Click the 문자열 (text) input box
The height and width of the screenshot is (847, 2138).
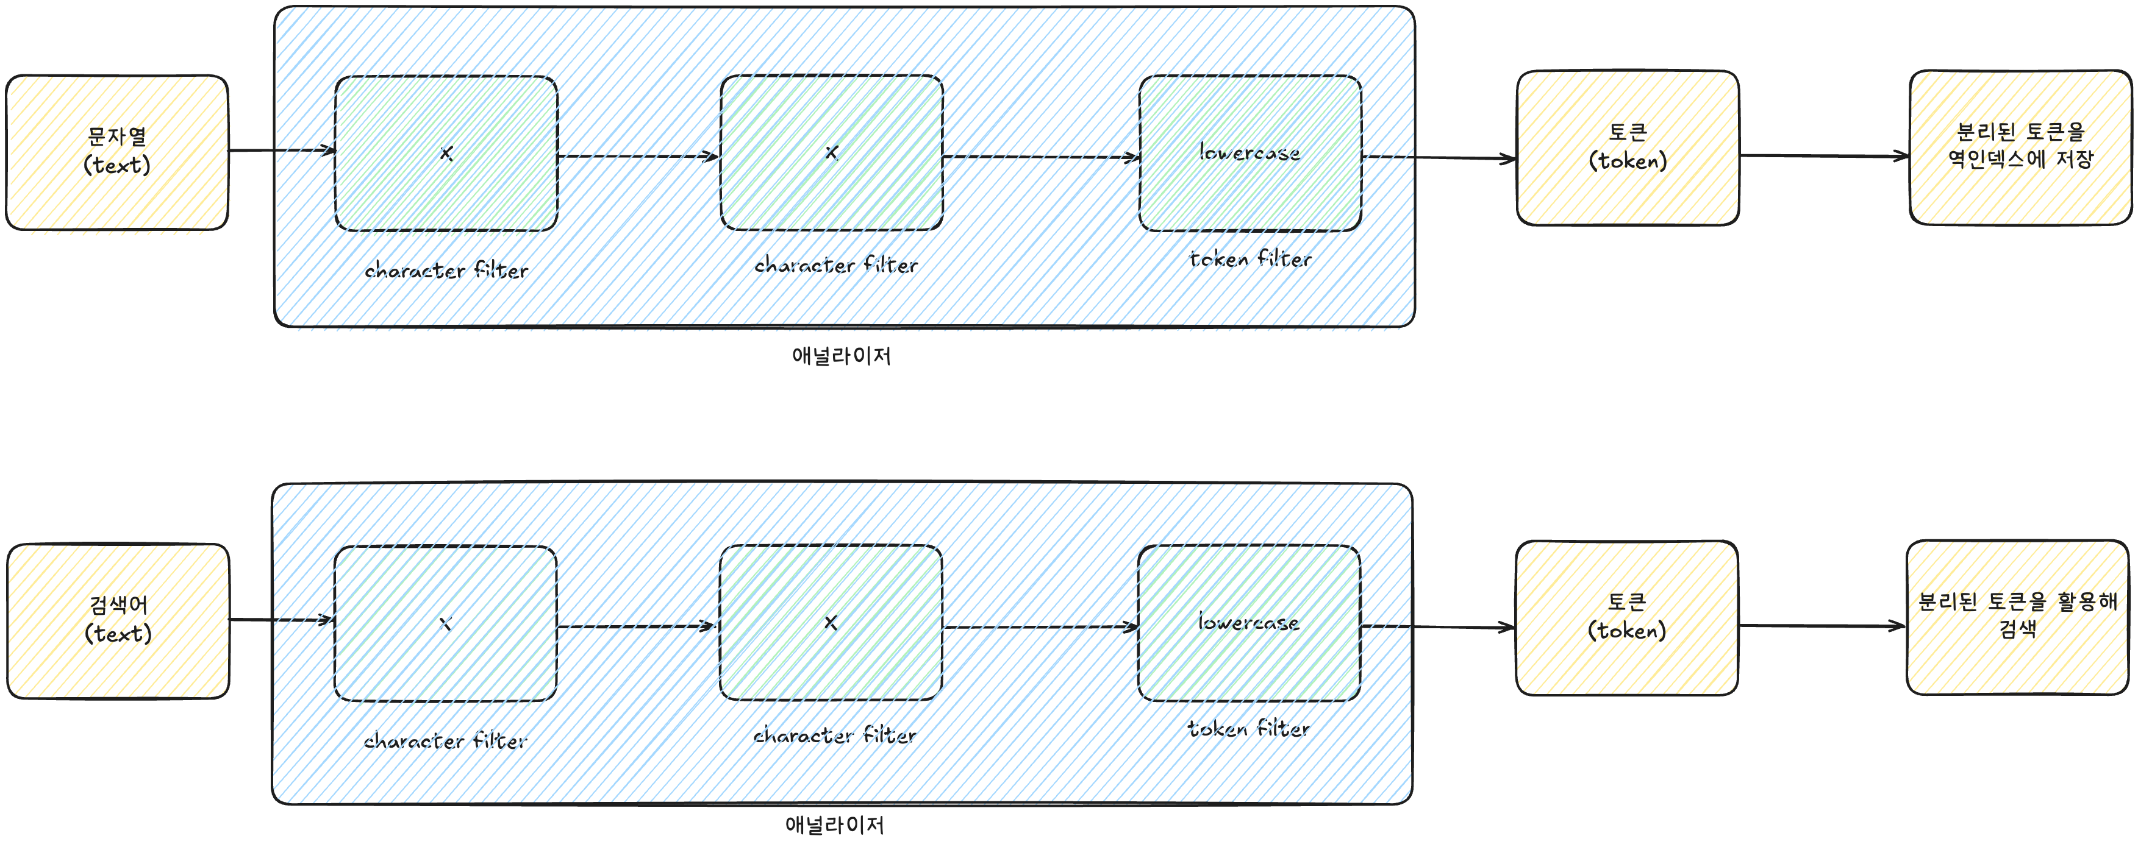117,152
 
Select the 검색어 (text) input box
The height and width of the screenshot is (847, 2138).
118,620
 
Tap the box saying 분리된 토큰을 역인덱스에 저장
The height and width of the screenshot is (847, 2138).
2020,147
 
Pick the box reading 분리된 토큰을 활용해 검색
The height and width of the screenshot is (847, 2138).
2018,617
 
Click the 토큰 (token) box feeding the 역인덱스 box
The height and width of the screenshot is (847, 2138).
1628,147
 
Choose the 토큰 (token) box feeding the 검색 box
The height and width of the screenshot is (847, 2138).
1627,618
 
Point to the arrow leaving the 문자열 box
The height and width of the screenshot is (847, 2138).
282,150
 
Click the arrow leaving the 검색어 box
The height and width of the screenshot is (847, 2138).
281,620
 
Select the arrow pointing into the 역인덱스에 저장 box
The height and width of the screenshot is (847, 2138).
1825,155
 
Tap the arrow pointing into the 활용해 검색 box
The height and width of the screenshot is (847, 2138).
1822,626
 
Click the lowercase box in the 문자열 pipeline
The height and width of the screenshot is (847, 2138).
1250,154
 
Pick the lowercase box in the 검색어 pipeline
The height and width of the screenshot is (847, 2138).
1249,623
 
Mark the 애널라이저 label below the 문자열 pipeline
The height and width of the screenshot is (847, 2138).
842,356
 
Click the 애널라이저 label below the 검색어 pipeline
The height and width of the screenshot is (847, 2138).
835,824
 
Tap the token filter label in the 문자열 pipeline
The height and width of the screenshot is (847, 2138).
1251,259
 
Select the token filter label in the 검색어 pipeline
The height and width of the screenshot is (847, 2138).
1248,728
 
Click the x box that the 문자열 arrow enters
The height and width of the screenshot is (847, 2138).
446,154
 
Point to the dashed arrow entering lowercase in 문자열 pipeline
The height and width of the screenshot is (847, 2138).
1042,157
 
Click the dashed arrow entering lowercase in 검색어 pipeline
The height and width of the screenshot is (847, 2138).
1041,627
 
